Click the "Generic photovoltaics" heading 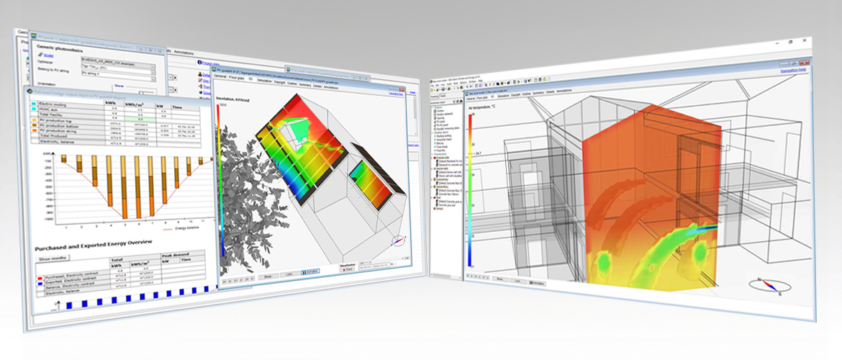[x=65, y=47]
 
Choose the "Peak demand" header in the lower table [x=176, y=256]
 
